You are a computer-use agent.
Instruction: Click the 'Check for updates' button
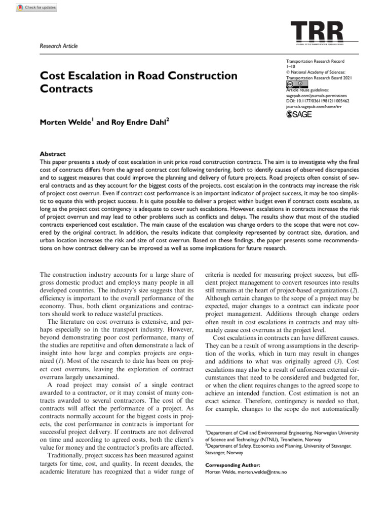36,8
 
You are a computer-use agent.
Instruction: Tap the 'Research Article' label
59,46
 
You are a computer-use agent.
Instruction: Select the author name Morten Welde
65,122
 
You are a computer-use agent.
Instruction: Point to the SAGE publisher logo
299,115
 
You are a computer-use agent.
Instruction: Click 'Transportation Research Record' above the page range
316,60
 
